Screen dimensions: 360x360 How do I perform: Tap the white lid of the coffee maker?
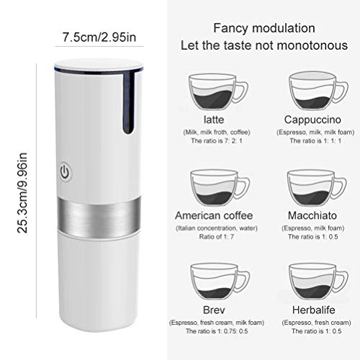[99, 65]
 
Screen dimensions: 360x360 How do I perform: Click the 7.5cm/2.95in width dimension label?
[99, 37]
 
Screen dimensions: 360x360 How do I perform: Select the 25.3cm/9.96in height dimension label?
[22, 192]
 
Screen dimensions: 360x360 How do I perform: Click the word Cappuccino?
[312, 120]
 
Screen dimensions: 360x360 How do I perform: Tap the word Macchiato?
[312, 215]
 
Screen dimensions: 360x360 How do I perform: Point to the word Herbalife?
[313, 310]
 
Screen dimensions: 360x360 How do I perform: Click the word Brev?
[214, 310]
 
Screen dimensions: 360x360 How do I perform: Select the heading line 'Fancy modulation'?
[264, 28]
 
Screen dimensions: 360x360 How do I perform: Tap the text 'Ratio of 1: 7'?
[216, 237]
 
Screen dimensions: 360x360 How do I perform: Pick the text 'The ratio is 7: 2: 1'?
[217, 140]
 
